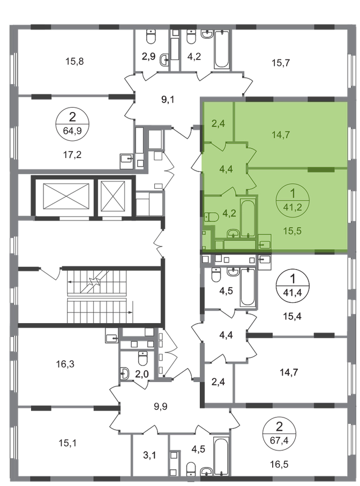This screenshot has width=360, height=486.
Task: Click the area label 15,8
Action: coord(74,62)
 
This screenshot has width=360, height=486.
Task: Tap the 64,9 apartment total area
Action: coord(72,131)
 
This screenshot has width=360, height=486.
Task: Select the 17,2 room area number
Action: coord(72,154)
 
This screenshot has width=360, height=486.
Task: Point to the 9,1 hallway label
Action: coord(168,100)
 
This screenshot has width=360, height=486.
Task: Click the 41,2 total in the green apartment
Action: coord(292,207)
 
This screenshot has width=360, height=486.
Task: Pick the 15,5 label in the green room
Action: coord(292,231)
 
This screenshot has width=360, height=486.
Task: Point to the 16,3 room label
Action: coord(65,364)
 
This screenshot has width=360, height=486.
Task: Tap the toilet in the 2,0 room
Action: coord(143,358)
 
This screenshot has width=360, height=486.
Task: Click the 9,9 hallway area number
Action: coord(161,406)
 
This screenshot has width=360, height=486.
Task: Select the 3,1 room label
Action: coord(149,455)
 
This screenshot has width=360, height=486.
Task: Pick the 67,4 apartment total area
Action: coord(279,440)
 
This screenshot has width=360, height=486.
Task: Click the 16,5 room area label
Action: coord(279,464)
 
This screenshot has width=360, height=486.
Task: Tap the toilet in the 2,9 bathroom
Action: coord(151,37)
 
